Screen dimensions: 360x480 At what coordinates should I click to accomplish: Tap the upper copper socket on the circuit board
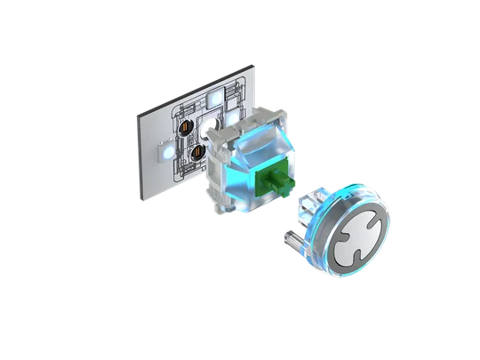[187, 130]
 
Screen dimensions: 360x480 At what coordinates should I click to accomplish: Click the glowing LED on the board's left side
[164, 151]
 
